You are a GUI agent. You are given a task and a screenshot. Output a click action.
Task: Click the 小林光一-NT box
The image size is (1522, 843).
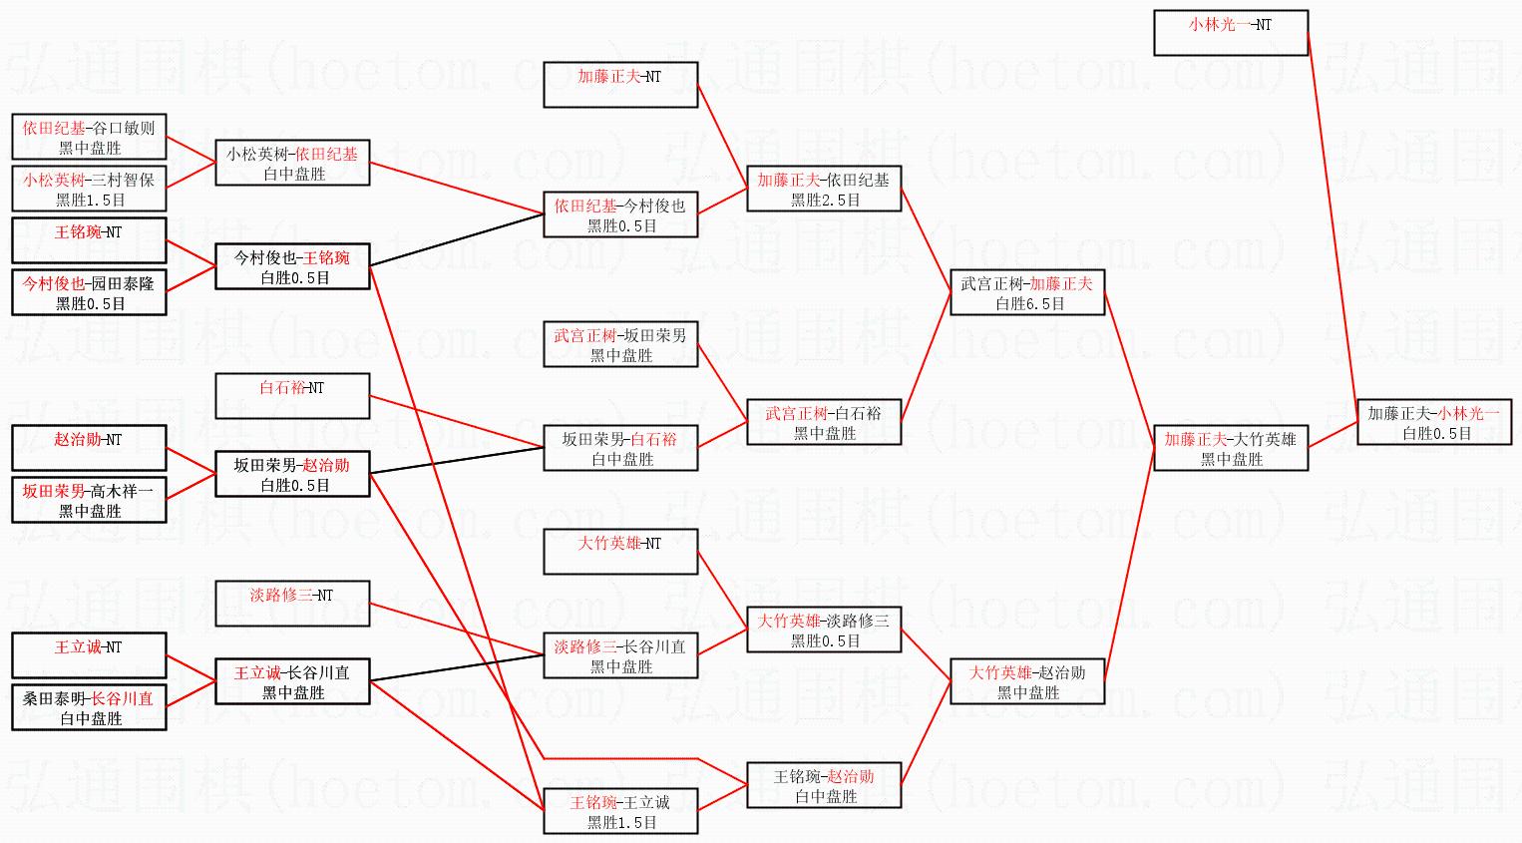pyautogui.click(x=1230, y=33)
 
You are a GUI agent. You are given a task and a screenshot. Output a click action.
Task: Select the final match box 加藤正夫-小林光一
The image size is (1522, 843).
pyautogui.click(x=1433, y=422)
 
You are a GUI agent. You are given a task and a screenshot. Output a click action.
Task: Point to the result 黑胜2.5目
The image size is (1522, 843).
pyautogui.click(x=825, y=200)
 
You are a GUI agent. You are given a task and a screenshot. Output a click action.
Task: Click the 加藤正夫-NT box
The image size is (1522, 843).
pyautogui.click(x=619, y=85)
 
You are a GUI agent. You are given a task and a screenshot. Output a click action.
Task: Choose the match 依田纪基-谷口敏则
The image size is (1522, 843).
pyautogui.click(x=89, y=137)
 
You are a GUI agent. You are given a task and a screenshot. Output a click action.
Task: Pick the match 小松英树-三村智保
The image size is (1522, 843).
pyautogui.click(x=89, y=189)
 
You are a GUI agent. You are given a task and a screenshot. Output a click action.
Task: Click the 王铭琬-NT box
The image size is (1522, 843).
pyautogui.click(x=89, y=240)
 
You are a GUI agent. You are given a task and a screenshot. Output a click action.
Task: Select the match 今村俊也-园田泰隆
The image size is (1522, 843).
pyautogui.click(x=89, y=292)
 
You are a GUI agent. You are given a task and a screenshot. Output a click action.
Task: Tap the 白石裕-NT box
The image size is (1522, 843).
pyautogui.click(x=292, y=396)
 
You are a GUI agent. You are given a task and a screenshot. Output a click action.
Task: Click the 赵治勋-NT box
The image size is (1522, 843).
pyautogui.click(x=89, y=448)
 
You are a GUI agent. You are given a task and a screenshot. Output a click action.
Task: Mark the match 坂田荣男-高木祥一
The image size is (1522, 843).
pyautogui.click(x=89, y=500)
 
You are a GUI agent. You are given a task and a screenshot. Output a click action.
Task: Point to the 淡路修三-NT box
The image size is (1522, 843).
pyautogui.click(x=292, y=604)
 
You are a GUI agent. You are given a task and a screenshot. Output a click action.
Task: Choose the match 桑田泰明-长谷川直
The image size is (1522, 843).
pyautogui.click(x=89, y=707)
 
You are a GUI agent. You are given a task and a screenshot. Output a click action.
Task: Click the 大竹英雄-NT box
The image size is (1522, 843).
pyautogui.click(x=619, y=552)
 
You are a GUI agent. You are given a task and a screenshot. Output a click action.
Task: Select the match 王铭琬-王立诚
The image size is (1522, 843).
pyautogui.click(x=619, y=811)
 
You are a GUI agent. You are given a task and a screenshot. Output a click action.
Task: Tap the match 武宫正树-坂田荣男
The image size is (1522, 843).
pyautogui.click(x=619, y=344)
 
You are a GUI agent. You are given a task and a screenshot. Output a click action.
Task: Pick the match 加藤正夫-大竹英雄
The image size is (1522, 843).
pyautogui.click(x=1230, y=448)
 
